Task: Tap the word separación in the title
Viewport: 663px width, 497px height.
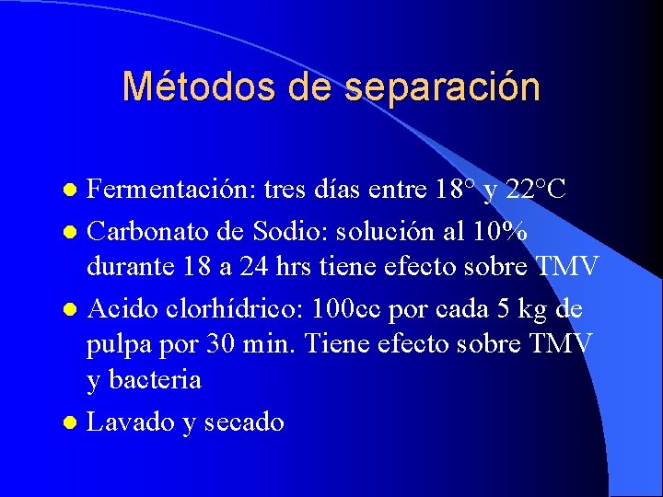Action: point(442,87)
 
